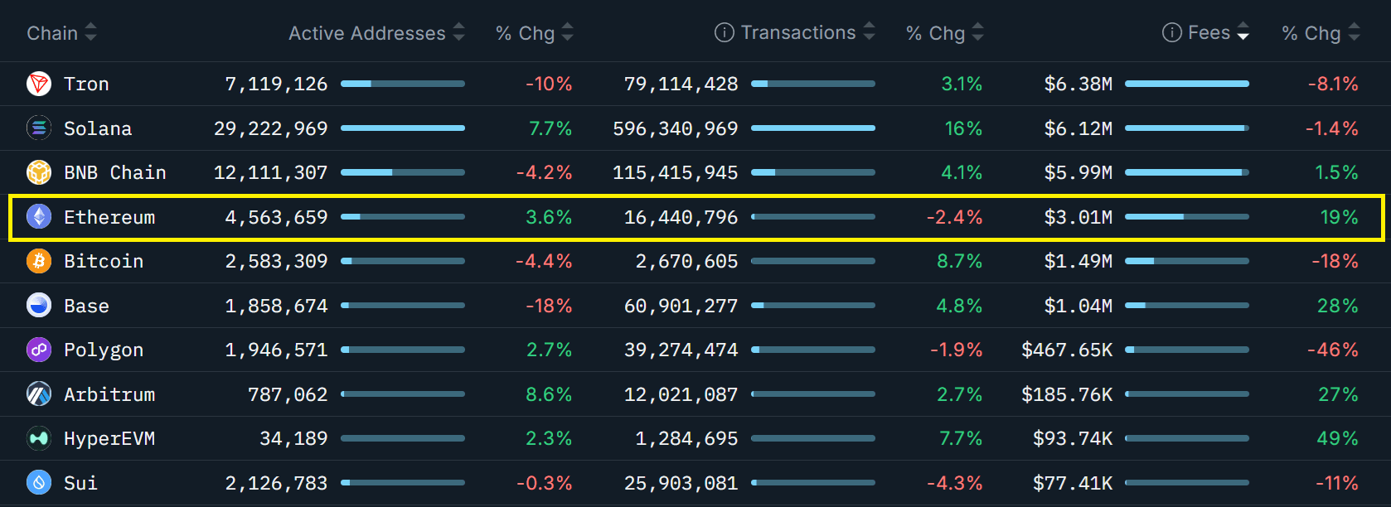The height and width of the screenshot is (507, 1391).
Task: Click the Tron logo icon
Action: point(39,84)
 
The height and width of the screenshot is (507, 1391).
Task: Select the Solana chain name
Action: point(98,128)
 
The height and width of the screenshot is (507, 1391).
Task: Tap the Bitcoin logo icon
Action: point(39,261)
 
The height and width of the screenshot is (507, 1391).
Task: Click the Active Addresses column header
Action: point(366,33)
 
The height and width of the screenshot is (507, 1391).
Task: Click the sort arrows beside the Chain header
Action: point(91,32)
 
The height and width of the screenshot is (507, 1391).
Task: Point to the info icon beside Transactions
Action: point(724,32)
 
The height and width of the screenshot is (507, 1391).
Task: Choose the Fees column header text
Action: point(1209,32)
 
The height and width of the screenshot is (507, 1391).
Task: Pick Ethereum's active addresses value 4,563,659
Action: point(276,217)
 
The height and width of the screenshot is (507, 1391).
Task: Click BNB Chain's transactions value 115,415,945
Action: point(675,172)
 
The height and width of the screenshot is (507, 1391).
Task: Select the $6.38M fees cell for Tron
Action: point(1078,84)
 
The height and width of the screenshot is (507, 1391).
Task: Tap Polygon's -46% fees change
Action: point(1332,350)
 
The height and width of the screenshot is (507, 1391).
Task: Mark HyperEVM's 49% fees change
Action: point(1337,438)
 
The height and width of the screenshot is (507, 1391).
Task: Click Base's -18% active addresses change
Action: point(549,306)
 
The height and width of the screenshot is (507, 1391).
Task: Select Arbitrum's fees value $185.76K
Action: point(1067,394)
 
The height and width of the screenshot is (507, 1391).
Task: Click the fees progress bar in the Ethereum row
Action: point(1186,217)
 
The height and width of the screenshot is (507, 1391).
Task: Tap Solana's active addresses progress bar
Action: point(402,128)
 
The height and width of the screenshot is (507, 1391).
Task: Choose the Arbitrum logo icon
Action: point(39,394)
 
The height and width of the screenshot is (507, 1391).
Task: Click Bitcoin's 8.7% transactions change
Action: point(959,261)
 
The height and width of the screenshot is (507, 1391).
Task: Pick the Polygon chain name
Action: point(104,350)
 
